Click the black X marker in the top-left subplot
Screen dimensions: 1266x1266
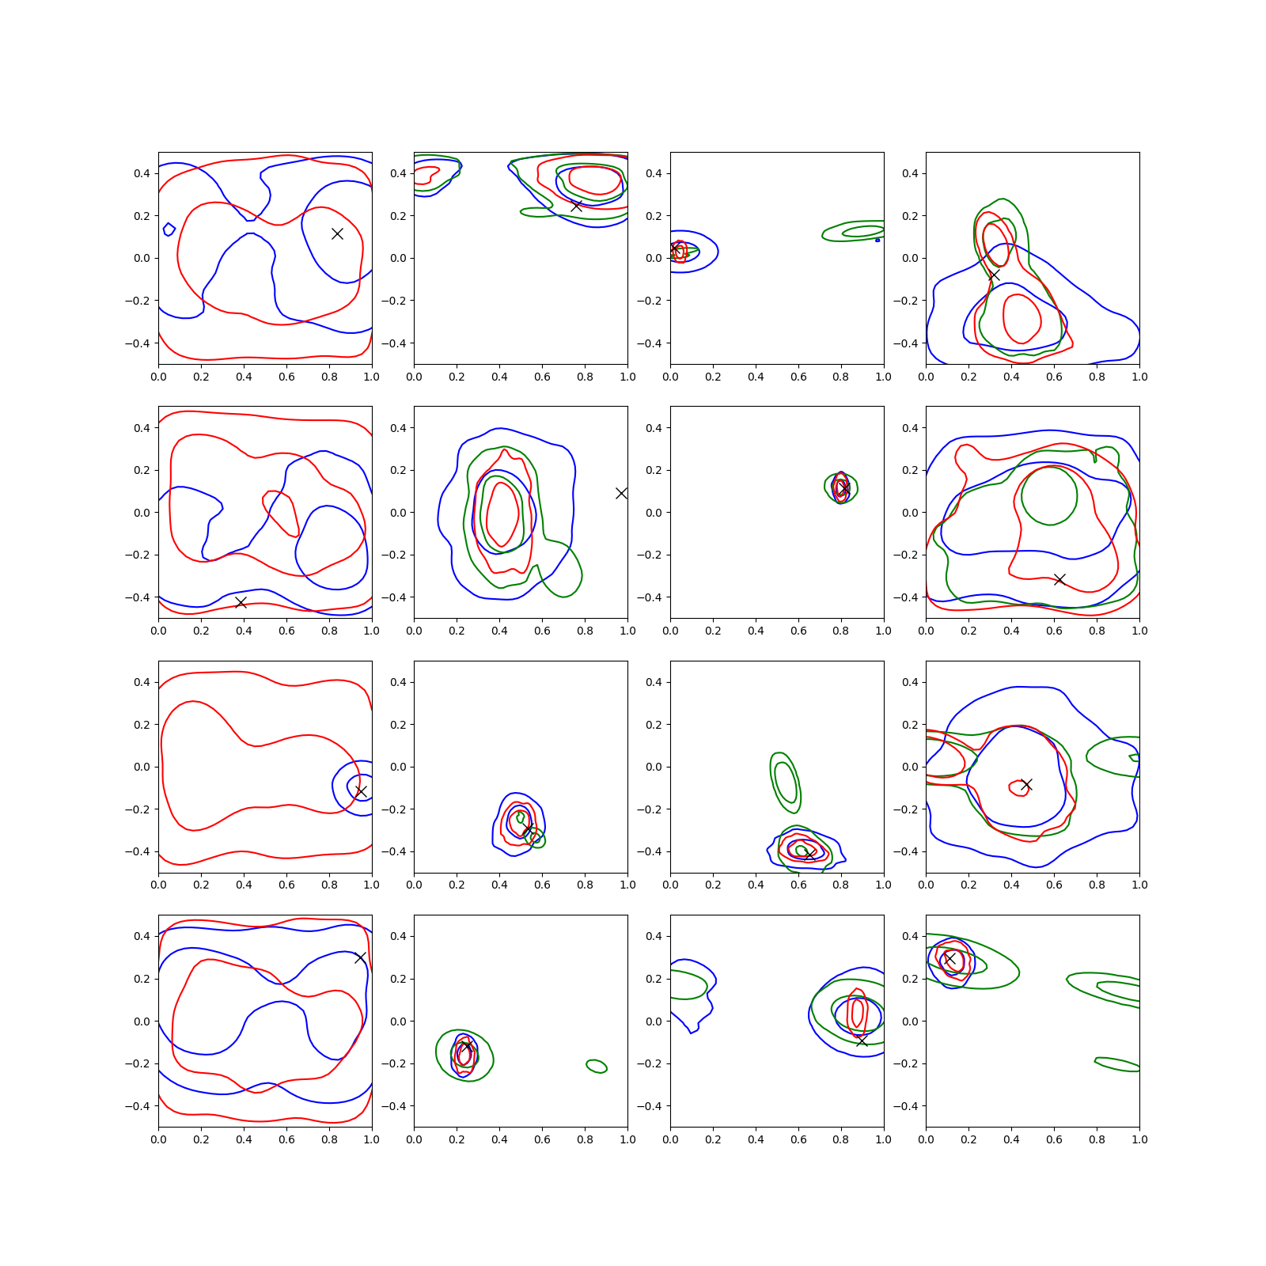click(x=337, y=233)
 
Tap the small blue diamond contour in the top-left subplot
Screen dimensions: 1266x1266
click(x=169, y=229)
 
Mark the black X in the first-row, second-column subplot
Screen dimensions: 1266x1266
click(x=577, y=206)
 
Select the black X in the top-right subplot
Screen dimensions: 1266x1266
click(x=994, y=275)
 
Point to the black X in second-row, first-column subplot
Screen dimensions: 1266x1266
click(x=241, y=603)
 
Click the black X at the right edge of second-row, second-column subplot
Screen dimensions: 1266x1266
click(x=622, y=493)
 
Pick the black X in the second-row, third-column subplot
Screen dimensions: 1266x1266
click(x=843, y=489)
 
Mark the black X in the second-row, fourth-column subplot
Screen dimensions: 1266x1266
click(x=1059, y=579)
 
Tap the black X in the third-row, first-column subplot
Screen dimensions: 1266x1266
click(x=361, y=792)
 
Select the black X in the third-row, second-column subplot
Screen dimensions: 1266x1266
click(x=527, y=828)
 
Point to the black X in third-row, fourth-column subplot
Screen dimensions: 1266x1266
click(x=1026, y=785)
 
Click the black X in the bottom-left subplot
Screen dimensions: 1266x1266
click(x=361, y=957)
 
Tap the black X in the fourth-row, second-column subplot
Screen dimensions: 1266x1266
click(x=467, y=1047)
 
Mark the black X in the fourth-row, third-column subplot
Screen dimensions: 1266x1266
click(x=862, y=1041)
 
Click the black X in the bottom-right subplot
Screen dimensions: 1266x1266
click(x=950, y=958)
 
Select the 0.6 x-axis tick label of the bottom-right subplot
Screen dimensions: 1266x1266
click(x=1054, y=1139)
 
